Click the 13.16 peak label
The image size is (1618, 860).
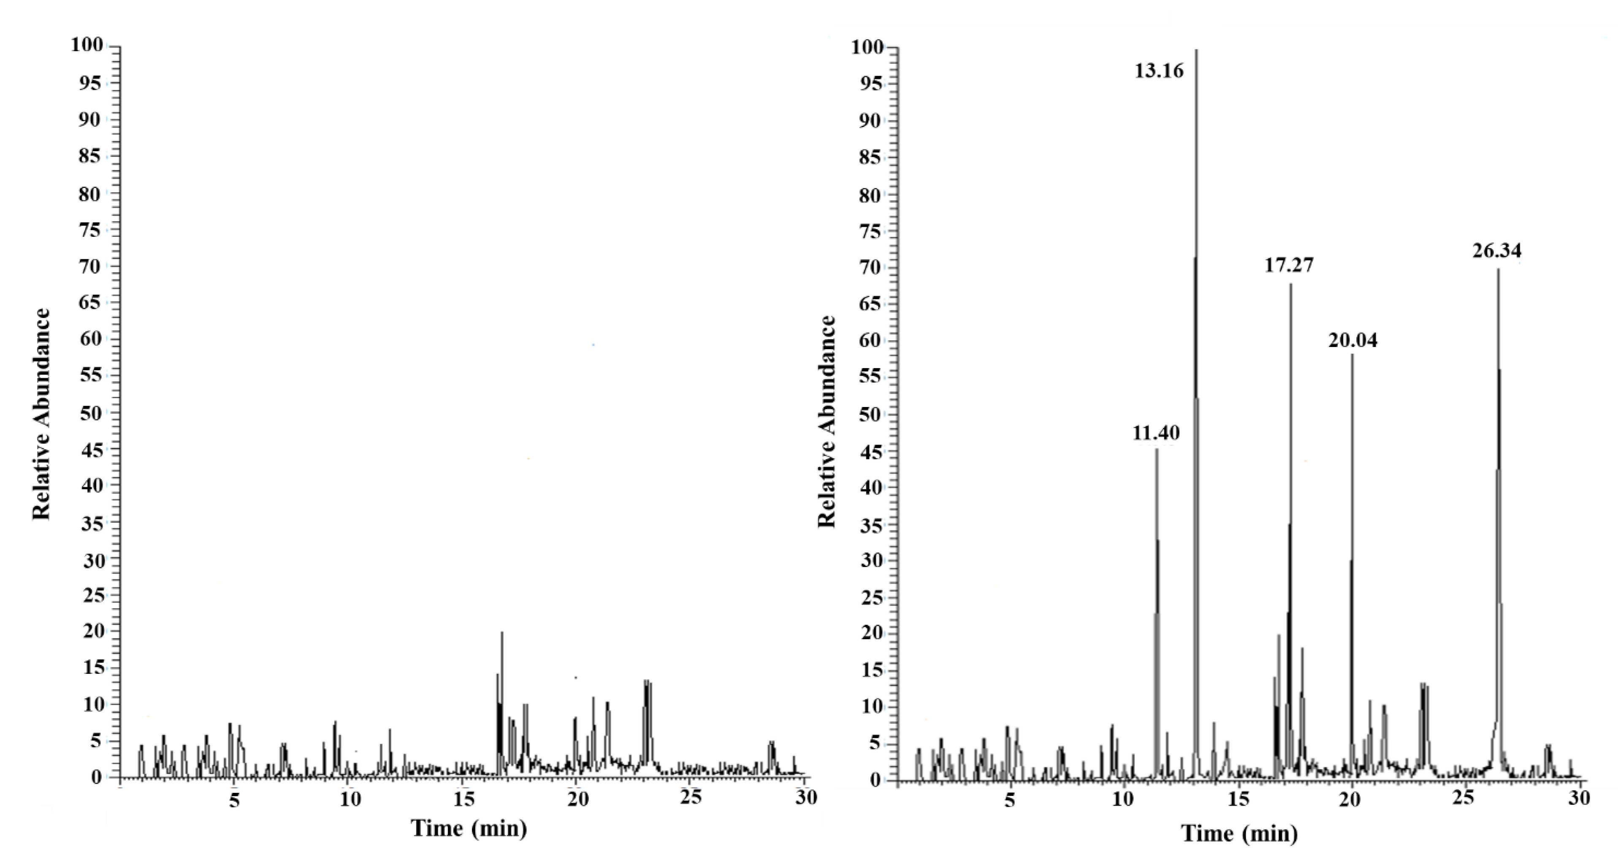[x=1159, y=71]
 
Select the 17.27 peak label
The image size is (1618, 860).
[x=1289, y=265]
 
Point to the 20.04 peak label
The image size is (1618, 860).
[x=1352, y=340]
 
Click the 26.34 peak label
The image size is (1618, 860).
[x=1497, y=251]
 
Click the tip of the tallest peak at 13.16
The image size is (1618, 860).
[x=1196, y=50]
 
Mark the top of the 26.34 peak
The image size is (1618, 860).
[x=1498, y=270]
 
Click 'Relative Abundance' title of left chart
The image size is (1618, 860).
[x=41, y=415]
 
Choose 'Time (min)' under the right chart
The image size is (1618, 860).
[x=1239, y=834]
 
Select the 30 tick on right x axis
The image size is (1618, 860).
[x=1578, y=798]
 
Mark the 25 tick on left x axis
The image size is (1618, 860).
[x=691, y=798]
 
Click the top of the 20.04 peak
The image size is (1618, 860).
[x=1352, y=355]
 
